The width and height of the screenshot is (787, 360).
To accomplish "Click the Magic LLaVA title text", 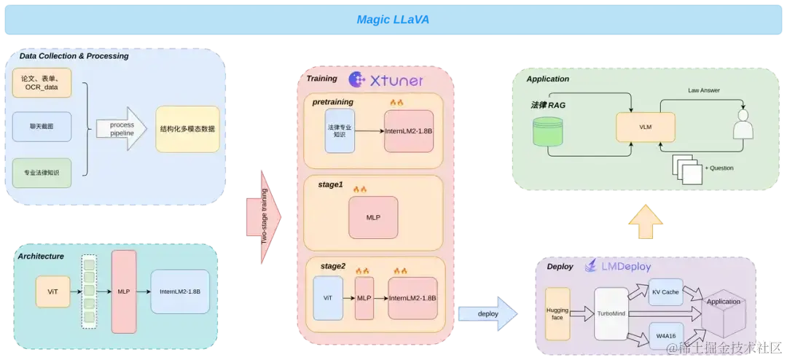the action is pyautogui.click(x=393, y=20).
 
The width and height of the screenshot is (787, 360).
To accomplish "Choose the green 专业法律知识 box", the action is pyautogui.click(x=42, y=173).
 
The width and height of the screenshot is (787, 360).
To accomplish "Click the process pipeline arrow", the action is pyautogui.click(x=122, y=128).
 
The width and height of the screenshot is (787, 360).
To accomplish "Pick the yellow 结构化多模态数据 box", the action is pyautogui.click(x=188, y=129).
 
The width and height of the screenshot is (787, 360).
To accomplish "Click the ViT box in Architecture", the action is pyautogui.click(x=52, y=291).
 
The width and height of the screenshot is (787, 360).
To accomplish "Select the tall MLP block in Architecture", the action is pyautogui.click(x=124, y=291).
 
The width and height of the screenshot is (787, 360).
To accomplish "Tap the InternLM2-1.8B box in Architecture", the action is pyautogui.click(x=180, y=291).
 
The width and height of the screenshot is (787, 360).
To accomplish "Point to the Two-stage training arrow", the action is pyautogui.click(x=264, y=217).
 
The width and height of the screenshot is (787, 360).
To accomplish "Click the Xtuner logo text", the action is pyautogui.click(x=386, y=80).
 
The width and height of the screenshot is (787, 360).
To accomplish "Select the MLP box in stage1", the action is pyautogui.click(x=373, y=217).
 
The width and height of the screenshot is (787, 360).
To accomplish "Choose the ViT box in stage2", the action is pyautogui.click(x=328, y=298).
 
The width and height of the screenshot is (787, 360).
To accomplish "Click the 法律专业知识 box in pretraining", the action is pyautogui.click(x=340, y=130).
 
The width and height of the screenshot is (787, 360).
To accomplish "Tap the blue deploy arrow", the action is pyautogui.click(x=488, y=314).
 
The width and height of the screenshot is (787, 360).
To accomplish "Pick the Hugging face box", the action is pyautogui.click(x=557, y=314).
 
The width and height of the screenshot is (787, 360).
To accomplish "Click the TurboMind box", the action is pyautogui.click(x=611, y=314).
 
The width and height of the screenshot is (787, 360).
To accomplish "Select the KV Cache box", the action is pyautogui.click(x=666, y=291).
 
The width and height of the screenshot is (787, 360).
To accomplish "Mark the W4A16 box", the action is pyautogui.click(x=666, y=335).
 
